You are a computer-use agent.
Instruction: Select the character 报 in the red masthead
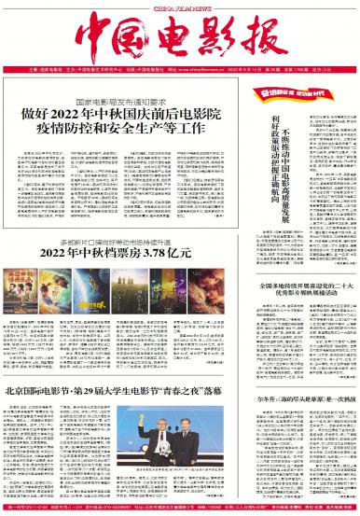[253, 37]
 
